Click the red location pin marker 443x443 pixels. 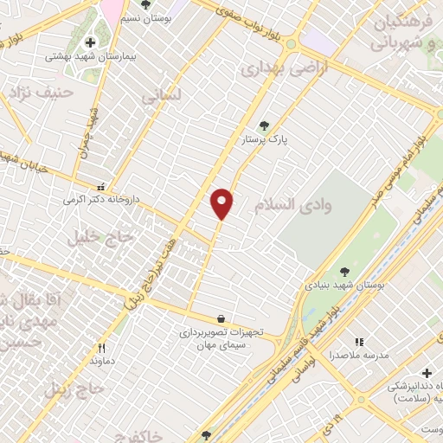(221, 203)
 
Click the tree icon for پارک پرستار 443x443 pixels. (264, 125)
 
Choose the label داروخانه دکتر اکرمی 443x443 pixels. (100, 200)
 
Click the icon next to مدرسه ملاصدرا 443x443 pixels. (359, 342)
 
